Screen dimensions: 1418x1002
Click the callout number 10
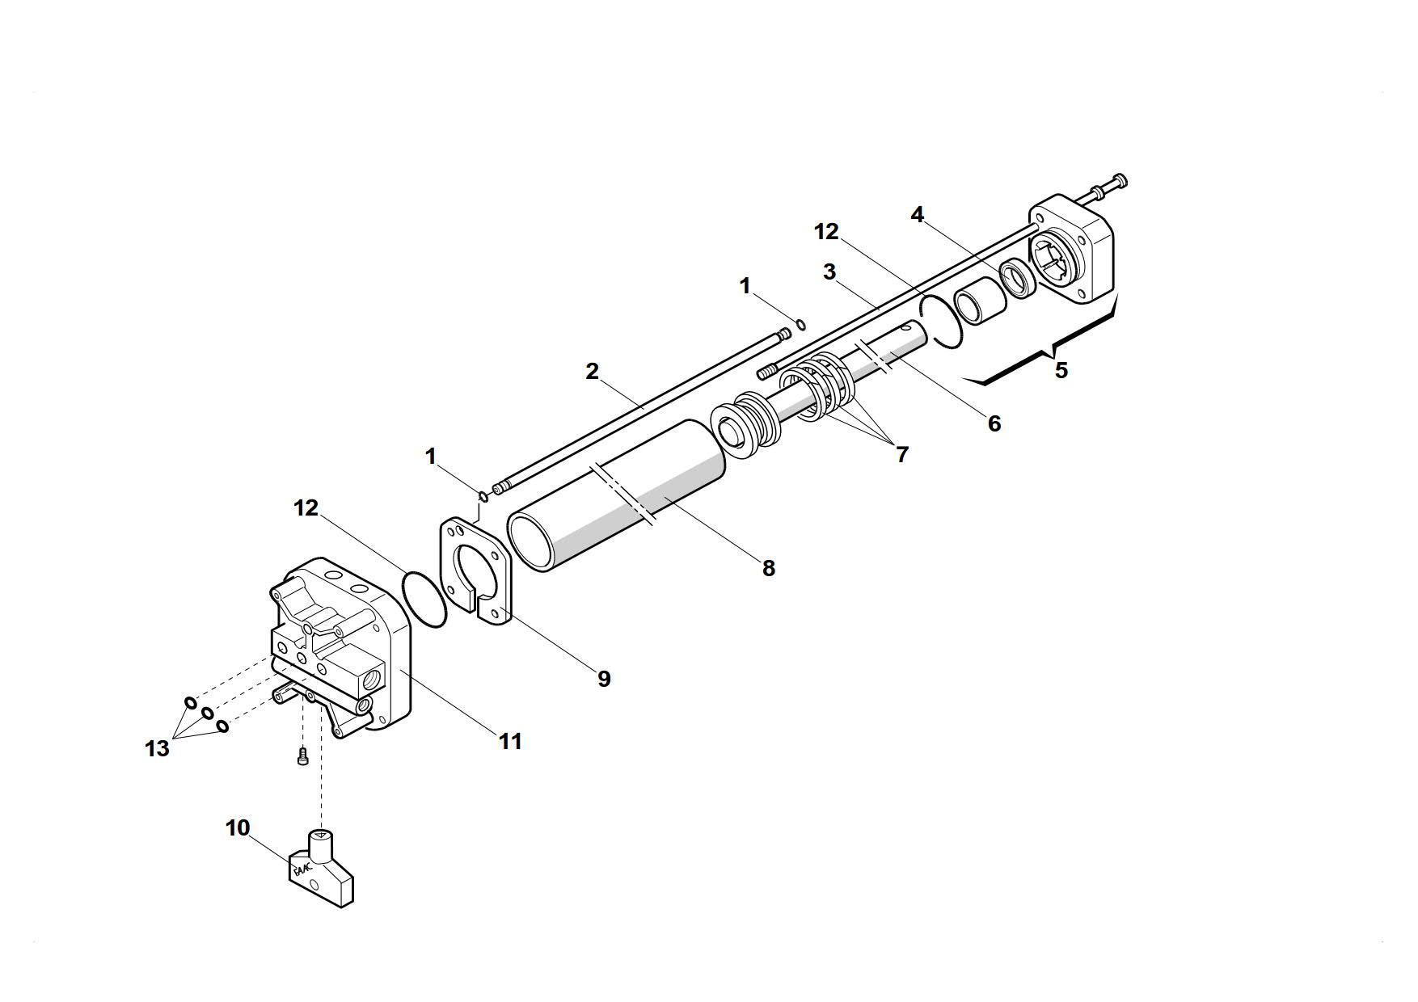point(238,828)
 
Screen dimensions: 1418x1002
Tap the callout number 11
point(509,741)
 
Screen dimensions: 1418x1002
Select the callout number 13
point(157,749)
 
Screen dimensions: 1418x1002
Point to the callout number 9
point(604,679)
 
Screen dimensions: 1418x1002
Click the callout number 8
point(768,569)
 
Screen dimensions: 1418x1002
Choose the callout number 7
point(902,454)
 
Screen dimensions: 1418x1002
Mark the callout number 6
point(994,423)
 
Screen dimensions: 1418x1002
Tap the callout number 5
point(1061,370)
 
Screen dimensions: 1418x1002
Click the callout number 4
point(917,215)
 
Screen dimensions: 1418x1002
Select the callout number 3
point(829,272)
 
